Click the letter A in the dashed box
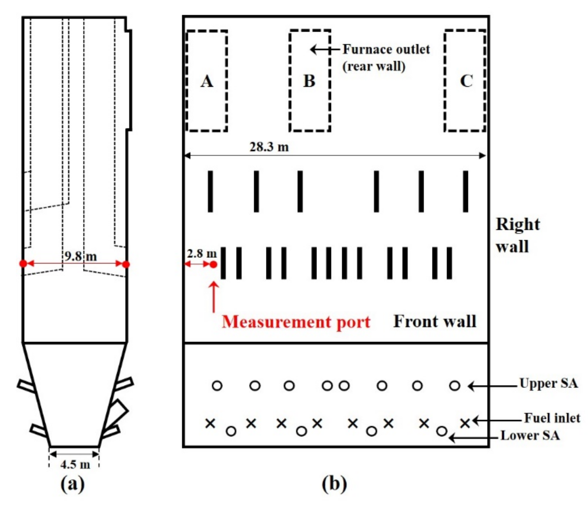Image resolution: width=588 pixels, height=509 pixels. click(x=207, y=81)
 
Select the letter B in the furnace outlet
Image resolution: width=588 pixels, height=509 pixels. click(x=309, y=81)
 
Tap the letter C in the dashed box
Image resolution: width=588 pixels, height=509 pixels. click(x=466, y=81)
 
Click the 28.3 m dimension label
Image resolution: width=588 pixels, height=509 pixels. click(x=269, y=147)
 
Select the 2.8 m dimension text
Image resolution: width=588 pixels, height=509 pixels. click(x=202, y=254)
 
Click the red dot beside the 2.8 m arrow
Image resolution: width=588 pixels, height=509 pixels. click(x=213, y=264)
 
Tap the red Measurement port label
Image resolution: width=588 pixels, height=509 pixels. click(x=296, y=322)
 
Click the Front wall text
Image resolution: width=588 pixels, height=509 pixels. click(x=435, y=321)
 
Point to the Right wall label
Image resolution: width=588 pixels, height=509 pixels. click(x=518, y=235)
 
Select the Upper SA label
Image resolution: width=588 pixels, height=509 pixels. click(x=549, y=383)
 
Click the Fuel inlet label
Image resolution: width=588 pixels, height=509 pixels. click(x=552, y=418)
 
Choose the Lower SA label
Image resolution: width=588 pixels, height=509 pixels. click(x=530, y=435)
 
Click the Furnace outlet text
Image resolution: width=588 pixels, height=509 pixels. click(x=386, y=49)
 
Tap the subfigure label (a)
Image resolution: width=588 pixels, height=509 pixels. click(x=72, y=484)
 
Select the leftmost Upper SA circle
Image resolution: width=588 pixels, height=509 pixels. click(x=217, y=386)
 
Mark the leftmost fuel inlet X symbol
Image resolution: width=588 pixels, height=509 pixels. click(x=210, y=423)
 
